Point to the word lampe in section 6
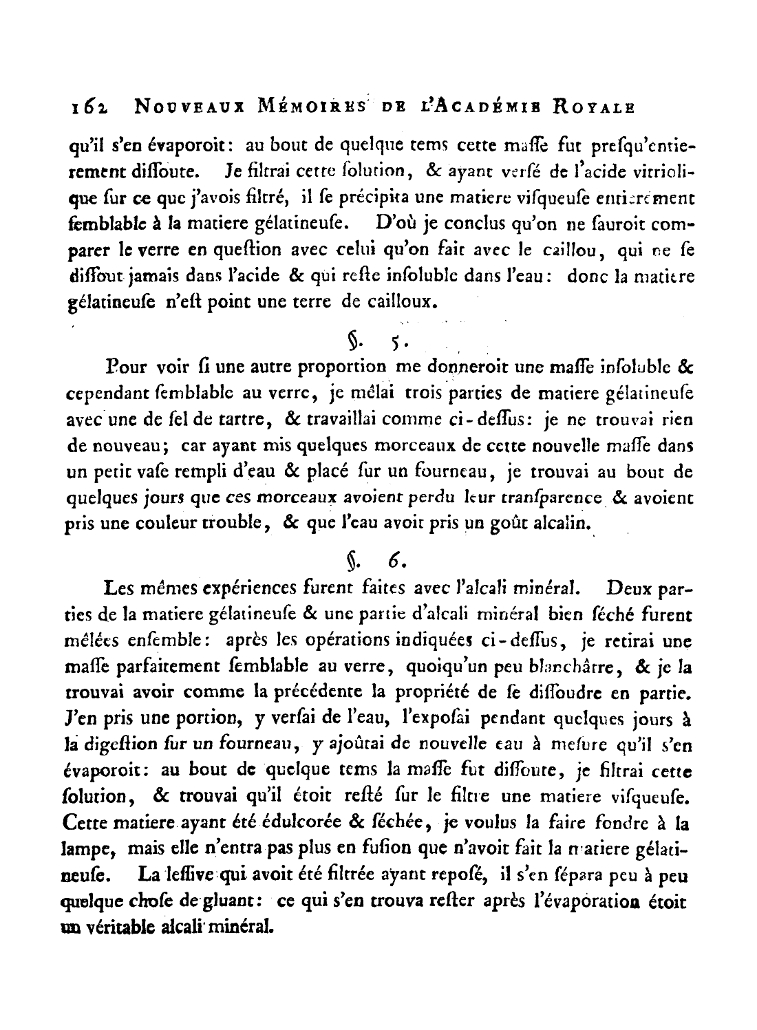coord(89,848)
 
